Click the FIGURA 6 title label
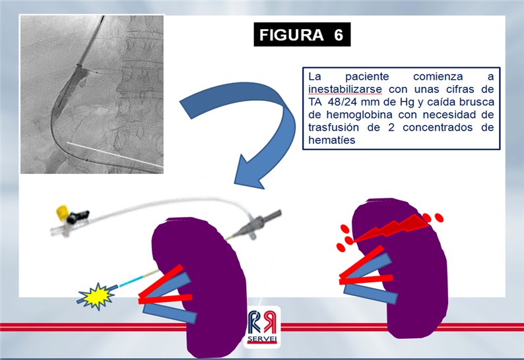302,34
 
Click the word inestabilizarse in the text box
345,89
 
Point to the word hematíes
331,140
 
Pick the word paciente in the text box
367,76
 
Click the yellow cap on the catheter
63,213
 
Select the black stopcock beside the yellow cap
77,217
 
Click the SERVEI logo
262,327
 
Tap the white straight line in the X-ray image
115,154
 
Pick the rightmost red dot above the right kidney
439,218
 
